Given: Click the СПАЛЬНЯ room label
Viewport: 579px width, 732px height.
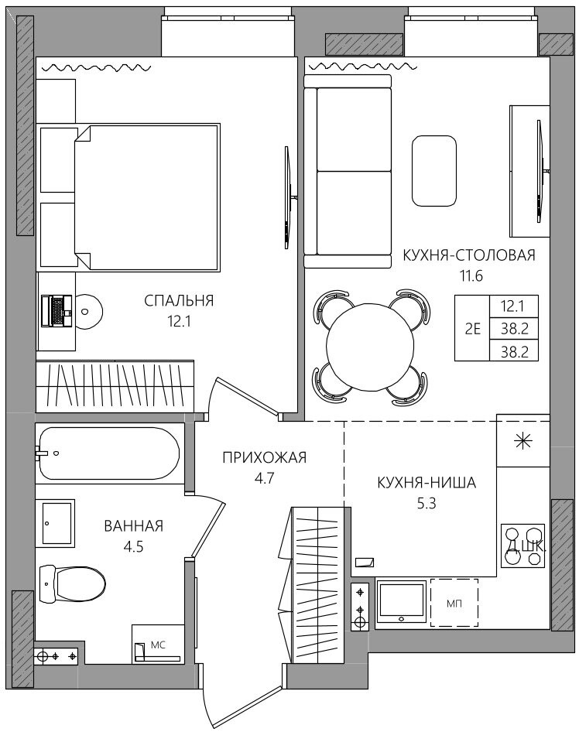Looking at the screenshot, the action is point(179,301).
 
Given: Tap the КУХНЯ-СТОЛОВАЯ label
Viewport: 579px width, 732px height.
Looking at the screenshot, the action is point(469,255).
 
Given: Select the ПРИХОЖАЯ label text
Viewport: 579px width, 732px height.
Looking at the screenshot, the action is point(264,457).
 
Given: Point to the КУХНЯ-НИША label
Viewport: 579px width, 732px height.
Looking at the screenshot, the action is point(427,482).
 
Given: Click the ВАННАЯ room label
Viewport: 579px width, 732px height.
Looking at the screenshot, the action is point(134,526).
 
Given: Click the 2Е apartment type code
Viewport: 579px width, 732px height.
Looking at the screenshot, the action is point(472,329).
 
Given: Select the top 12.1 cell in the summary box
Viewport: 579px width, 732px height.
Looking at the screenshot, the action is point(514,306).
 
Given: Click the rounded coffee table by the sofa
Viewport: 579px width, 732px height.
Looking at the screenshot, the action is point(433,171).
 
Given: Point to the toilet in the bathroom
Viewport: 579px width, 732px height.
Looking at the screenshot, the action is point(73,583).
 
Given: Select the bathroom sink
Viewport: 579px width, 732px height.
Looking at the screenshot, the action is point(58,523).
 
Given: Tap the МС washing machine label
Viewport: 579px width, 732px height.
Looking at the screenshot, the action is point(158,645).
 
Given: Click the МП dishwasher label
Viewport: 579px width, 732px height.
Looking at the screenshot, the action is point(454,604).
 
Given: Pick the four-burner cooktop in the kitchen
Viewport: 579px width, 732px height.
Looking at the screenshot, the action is point(523,546).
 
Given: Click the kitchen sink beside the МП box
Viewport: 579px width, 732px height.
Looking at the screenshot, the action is point(402,602).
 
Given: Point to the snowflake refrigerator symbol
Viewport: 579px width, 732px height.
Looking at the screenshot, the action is point(522,442).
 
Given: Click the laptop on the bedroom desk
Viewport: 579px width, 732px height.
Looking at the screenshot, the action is point(56,311).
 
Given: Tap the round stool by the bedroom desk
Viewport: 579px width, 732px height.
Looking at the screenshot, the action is point(87,311).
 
